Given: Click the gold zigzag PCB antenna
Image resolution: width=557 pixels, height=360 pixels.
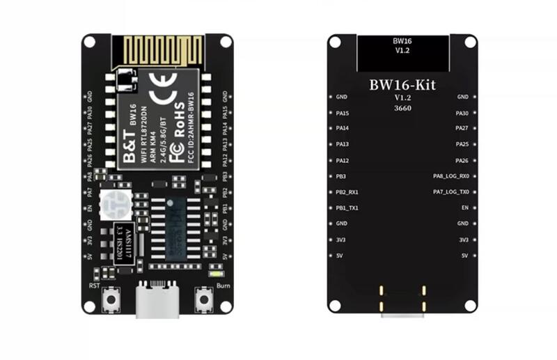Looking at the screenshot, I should click(157, 49).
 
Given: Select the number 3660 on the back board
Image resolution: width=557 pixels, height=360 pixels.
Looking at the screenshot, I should click(400, 108).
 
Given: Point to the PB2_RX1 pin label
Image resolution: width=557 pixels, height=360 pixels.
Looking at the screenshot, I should click(347, 191).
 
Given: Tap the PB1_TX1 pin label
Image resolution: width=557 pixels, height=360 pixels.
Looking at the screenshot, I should click(347, 208).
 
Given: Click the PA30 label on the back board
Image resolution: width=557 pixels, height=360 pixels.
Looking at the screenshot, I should click(462, 113).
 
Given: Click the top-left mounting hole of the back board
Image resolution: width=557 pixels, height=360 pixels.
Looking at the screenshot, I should click(335, 41).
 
